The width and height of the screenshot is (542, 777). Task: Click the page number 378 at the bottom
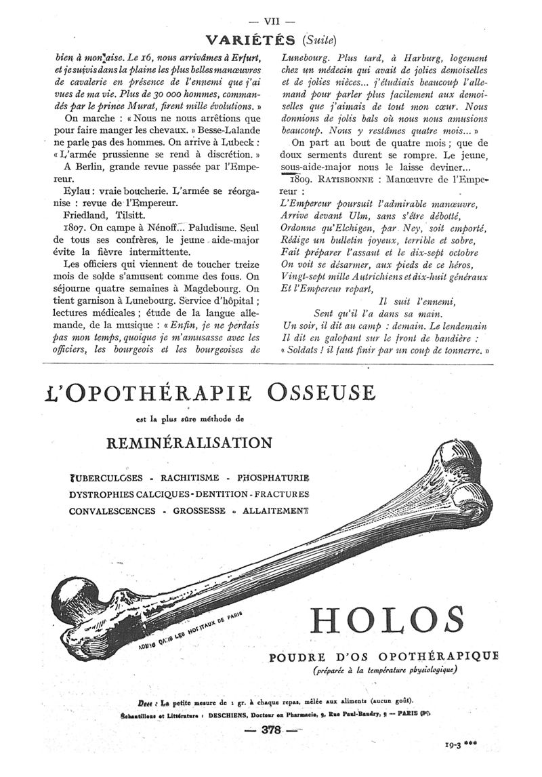[x=271, y=730]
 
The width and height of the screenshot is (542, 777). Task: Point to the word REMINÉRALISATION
[x=190, y=443]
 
